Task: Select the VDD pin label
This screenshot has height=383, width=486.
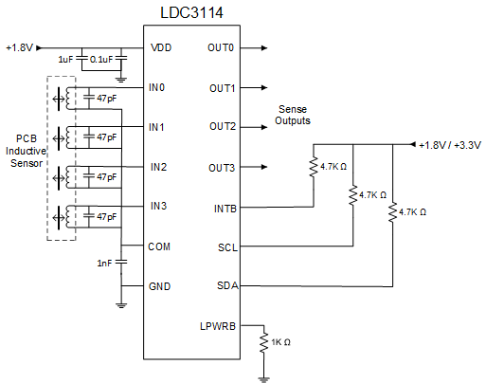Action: point(160,47)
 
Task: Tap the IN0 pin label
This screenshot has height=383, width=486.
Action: point(158,87)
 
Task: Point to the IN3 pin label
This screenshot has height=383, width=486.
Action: point(158,206)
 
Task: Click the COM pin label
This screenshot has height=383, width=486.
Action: point(159,246)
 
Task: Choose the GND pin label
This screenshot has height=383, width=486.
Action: point(159,285)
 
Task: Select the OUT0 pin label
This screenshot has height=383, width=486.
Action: point(222,47)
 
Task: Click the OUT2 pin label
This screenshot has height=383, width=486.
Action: point(222,126)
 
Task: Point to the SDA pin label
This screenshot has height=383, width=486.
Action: point(226,285)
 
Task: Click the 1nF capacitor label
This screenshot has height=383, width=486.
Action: point(103,263)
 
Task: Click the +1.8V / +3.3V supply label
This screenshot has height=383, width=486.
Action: point(450,145)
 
